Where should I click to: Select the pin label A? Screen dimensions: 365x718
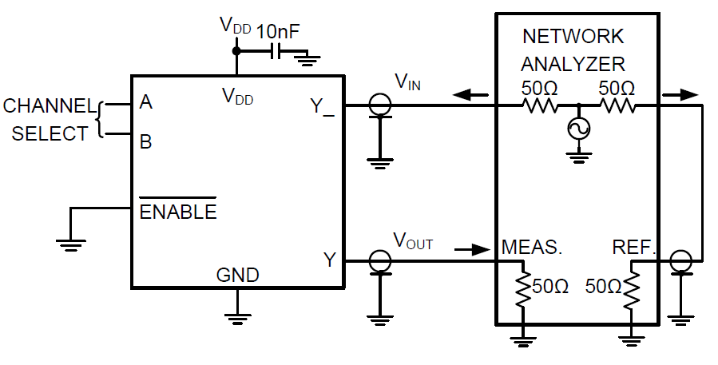coord(145,102)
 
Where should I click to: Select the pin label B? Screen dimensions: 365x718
coord(145,142)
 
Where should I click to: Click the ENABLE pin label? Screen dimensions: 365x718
coord(177,212)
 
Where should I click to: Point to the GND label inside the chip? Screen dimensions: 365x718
coord(237,276)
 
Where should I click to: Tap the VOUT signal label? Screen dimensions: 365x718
coord(413,240)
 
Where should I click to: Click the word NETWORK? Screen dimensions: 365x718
coord(573,37)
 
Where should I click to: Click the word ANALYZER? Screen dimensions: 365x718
coord(573,63)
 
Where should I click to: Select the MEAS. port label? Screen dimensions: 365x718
coord(532,248)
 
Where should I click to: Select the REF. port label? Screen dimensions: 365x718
coord(633,248)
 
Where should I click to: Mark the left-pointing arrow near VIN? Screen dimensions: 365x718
coord(470,96)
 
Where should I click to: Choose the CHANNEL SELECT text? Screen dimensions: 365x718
coord(50,120)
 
